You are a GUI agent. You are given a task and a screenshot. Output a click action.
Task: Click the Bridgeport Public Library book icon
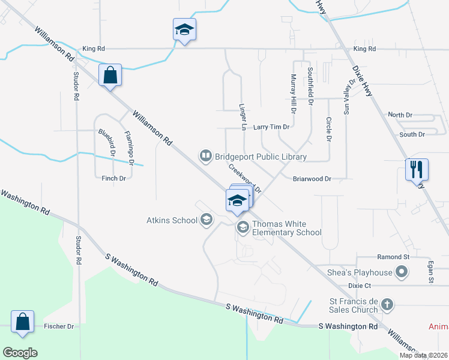pos(205,157)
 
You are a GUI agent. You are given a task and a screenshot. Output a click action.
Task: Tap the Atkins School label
pos(172,220)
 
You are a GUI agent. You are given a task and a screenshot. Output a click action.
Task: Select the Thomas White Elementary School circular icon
pos(243,227)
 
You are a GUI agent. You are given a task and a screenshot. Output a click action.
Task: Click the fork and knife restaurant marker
pos(416,170)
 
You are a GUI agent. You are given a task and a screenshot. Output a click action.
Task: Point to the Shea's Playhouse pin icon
pos(402,273)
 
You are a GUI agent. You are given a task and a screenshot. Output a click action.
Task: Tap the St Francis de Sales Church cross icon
pos(387,305)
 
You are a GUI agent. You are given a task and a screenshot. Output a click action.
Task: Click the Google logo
pos(20,352)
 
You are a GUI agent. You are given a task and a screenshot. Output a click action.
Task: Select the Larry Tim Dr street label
pos(271,127)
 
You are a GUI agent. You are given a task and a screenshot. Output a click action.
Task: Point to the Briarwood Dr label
pos(312,179)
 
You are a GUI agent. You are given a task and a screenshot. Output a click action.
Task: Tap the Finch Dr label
pos(113,178)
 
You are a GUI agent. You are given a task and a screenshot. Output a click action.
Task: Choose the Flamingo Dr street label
pos(128,147)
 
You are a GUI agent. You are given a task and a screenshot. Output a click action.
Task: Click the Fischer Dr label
pos(59,326)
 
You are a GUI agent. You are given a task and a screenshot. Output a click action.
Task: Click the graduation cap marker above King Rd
pos(184,30)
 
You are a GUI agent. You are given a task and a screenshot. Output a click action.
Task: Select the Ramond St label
pos(393,257)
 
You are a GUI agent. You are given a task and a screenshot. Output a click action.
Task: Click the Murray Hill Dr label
pos(294,94)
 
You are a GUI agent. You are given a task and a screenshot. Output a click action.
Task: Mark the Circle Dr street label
pos(329,129)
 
